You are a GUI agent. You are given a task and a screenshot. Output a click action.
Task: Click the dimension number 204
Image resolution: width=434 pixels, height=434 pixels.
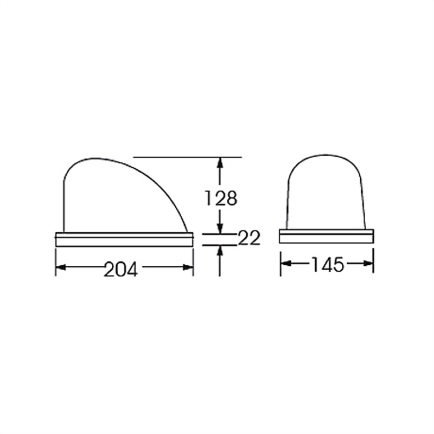120,269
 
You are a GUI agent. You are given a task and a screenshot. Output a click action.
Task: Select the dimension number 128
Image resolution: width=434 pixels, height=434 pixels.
221,198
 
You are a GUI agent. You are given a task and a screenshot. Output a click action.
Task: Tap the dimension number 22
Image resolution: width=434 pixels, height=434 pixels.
249,238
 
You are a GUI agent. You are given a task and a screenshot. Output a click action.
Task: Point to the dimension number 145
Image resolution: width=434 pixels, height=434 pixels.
328,264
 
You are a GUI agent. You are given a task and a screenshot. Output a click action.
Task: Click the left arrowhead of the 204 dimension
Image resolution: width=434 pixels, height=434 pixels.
61,267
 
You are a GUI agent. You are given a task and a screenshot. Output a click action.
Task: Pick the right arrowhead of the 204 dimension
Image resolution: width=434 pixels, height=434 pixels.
188,267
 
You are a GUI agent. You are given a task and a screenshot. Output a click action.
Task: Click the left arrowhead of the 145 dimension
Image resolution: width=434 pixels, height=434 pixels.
286,263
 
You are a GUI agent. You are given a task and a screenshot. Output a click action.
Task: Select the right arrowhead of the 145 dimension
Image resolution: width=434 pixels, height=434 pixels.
368,263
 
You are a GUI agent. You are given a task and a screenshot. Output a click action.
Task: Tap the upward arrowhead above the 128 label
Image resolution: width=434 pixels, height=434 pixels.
220,162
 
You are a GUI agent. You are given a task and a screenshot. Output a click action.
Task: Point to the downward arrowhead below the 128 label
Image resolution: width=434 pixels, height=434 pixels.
220,228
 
